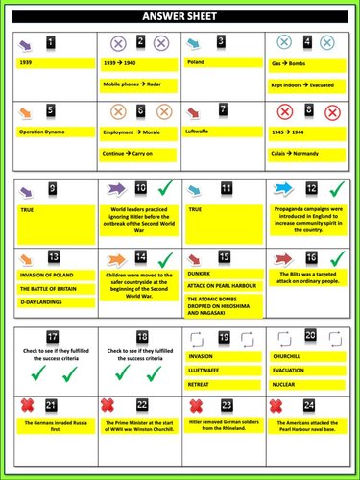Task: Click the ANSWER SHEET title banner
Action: coord(180,16)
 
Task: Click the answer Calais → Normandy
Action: coord(295,153)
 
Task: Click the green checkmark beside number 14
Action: coord(164,258)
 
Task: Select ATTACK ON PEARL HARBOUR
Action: coord(224,285)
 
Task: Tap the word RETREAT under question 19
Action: coord(202,382)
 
